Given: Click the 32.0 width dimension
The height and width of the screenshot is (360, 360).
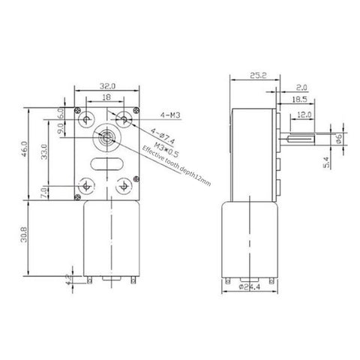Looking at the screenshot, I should tap(106, 86).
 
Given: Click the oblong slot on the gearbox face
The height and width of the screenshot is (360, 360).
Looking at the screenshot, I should tap(105, 163).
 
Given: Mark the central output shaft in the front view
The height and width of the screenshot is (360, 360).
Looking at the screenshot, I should tap(104, 139).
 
